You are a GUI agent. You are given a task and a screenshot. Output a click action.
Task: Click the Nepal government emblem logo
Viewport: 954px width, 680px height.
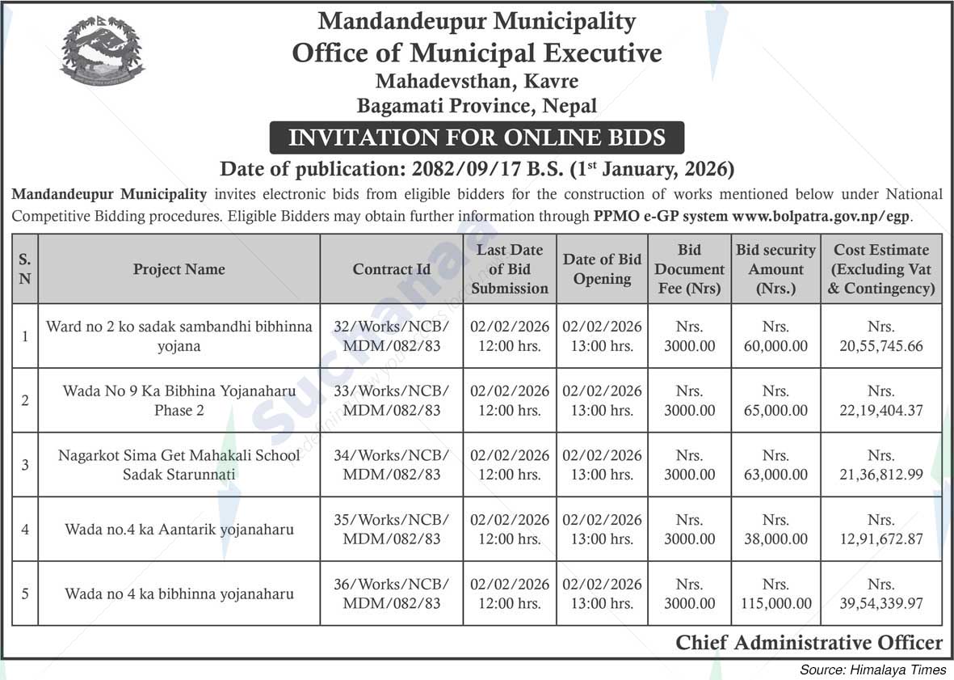(103, 50)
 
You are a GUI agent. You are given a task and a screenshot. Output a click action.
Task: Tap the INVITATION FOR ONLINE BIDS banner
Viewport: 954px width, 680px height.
(477, 137)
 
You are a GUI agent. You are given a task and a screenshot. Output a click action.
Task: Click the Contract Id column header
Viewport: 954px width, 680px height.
(392, 269)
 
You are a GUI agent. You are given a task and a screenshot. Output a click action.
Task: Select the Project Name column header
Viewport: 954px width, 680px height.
(179, 269)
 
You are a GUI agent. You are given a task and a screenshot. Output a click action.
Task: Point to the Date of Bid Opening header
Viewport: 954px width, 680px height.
(602, 269)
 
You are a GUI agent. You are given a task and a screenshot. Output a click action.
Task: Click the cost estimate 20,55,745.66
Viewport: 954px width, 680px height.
(881, 337)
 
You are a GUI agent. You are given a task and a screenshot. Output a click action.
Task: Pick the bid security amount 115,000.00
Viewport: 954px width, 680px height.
(775, 594)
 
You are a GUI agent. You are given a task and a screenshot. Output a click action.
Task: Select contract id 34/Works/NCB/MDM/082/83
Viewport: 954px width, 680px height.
(392, 465)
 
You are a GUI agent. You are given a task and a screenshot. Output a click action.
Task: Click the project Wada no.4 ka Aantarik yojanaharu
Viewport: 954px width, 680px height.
(179, 530)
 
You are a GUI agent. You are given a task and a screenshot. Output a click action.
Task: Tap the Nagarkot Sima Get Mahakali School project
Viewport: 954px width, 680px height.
(179, 465)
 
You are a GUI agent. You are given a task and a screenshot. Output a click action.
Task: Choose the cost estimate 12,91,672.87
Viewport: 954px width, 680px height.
(881, 530)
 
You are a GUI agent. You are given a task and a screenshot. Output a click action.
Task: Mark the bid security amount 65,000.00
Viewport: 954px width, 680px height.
(775, 401)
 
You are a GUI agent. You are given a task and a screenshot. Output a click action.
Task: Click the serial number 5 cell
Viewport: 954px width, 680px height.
(25, 594)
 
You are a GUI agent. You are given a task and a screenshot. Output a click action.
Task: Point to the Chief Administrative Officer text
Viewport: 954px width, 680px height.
(809, 643)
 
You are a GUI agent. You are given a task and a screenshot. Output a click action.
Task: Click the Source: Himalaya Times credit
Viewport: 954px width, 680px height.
(872, 669)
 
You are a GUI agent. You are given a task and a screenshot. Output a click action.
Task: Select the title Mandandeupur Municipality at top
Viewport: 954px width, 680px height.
(477, 21)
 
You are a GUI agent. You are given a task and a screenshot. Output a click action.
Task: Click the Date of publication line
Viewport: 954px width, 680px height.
(477, 170)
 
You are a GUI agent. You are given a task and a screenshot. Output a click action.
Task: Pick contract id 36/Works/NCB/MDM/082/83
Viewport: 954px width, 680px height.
(392, 594)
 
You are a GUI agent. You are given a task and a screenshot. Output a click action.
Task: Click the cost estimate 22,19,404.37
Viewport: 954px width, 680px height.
(881, 401)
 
